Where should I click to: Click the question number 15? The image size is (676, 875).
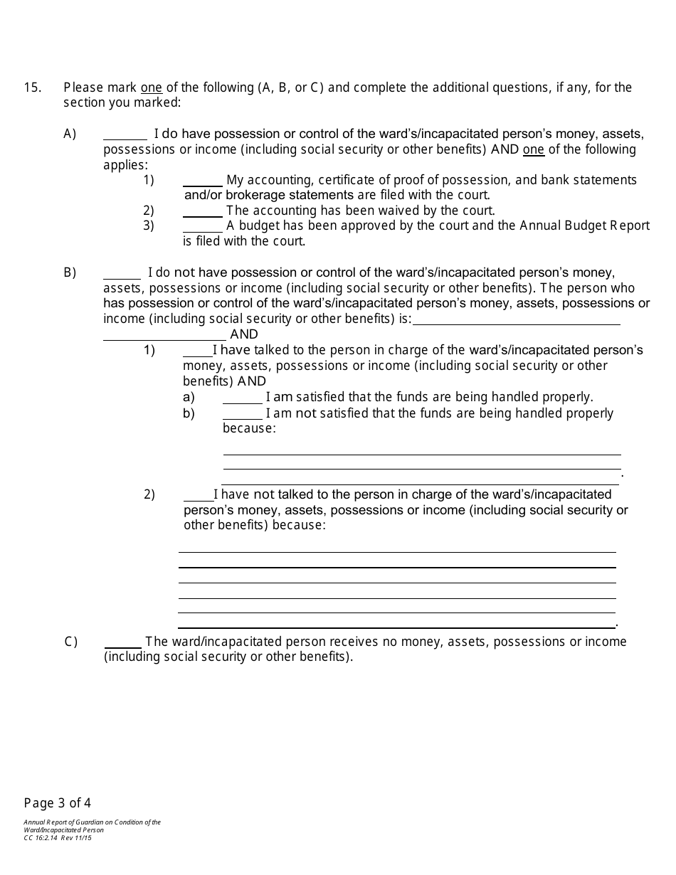(32, 87)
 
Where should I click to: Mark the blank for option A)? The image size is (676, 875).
(125, 135)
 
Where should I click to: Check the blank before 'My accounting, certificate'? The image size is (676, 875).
(203, 181)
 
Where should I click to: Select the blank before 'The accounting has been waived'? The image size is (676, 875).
(203, 212)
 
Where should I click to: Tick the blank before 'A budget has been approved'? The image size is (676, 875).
(203, 227)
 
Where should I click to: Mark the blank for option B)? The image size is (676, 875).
(122, 274)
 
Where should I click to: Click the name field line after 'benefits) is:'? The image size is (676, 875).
(516, 320)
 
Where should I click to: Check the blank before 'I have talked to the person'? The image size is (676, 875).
(198, 351)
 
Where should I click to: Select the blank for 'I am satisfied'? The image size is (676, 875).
(243, 398)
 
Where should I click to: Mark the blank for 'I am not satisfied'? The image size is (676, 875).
(243, 414)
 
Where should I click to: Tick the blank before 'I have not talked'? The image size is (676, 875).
(199, 496)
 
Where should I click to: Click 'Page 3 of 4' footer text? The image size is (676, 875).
(58, 803)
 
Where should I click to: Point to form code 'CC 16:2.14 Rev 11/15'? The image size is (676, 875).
(58, 838)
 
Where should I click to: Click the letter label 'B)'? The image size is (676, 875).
(70, 272)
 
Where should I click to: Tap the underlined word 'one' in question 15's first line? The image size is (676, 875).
(152, 88)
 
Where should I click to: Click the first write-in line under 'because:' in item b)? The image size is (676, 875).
(422, 450)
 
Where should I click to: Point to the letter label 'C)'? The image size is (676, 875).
(70, 642)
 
